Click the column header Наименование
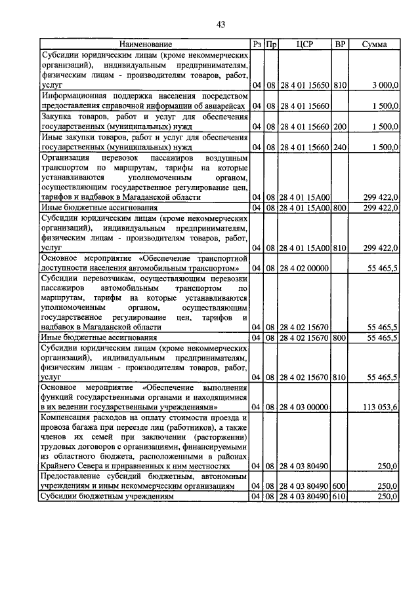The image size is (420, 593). (x=146, y=45)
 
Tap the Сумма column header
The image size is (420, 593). (x=374, y=45)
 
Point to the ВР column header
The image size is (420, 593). (x=340, y=45)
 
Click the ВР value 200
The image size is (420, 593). (x=340, y=126)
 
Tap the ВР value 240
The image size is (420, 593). (x=340, y=147)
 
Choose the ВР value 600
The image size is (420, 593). (x=340, y=486)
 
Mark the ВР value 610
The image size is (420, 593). (x=340, y=497)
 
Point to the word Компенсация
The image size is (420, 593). (x=69, y=417)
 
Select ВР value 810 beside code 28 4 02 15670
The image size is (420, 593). (x=340, y=377)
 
